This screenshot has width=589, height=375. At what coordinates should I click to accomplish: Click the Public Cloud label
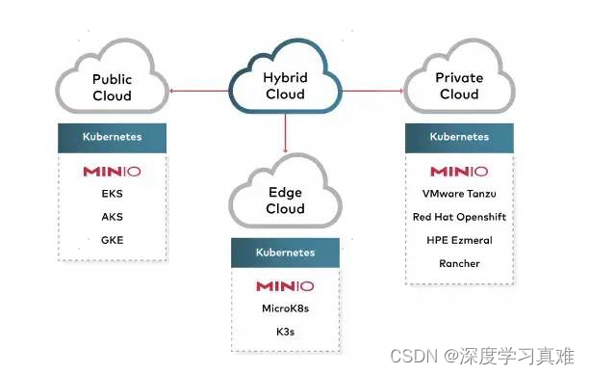112,87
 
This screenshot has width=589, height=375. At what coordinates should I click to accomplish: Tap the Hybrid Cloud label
285,86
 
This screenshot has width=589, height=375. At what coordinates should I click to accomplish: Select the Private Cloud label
459,86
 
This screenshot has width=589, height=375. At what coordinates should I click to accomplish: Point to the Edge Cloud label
285,200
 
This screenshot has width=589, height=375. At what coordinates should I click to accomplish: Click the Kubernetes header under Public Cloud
112,137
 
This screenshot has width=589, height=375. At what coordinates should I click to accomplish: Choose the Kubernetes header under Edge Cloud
285,253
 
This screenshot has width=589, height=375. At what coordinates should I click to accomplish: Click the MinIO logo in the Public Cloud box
112,173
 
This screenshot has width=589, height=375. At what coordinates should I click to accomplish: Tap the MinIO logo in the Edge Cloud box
285,286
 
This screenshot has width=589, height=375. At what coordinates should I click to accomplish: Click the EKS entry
112,194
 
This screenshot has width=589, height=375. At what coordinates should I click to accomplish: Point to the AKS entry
112,217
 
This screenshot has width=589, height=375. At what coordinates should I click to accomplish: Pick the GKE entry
112,240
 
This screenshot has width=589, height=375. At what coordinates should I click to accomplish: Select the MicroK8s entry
285,308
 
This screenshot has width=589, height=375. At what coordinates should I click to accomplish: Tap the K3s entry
285,332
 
